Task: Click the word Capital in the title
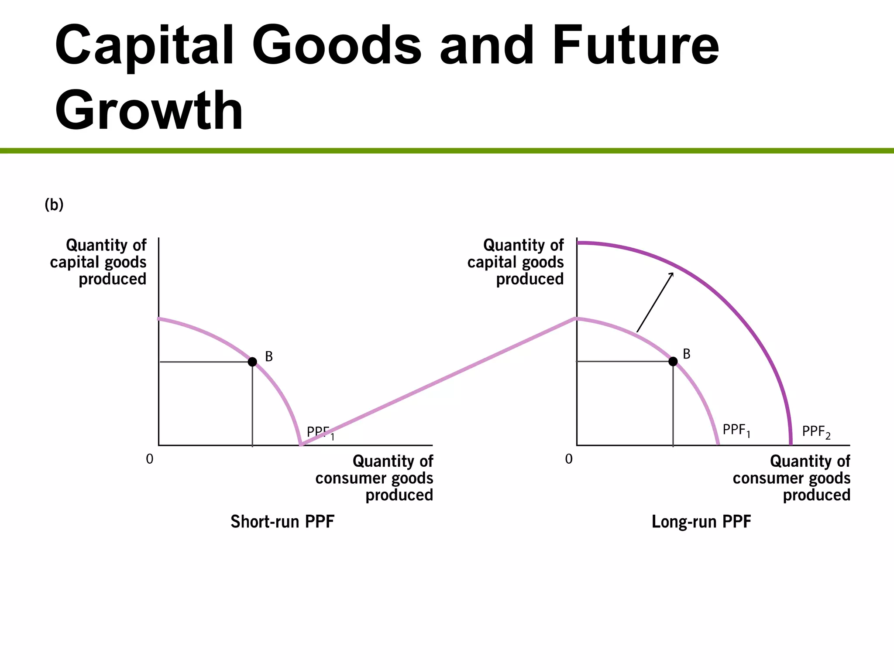click(144, 46)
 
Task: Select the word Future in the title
click(635, 46)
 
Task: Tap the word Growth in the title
click(148, 110)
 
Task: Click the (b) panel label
click(54, 204)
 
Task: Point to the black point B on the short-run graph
click(252, 362)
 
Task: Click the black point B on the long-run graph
click(673, 361)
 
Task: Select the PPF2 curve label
click(816, 432)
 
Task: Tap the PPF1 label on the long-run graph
click(736, 431)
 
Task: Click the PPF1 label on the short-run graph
click(320, 433)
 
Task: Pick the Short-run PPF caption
click(282, 522)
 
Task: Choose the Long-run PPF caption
click(701, 522)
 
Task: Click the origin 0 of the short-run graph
click(150, 459)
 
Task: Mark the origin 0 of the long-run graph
click(568, 459)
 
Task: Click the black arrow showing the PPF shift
click(655, 302)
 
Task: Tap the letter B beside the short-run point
click(269, 357)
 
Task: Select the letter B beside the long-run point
click(687, 354)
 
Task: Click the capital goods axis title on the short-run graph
click(99, 262)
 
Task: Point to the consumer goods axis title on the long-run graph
click(792, 478)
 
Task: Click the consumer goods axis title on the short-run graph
click(375, 478)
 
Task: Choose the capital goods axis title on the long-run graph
click(516, 262)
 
